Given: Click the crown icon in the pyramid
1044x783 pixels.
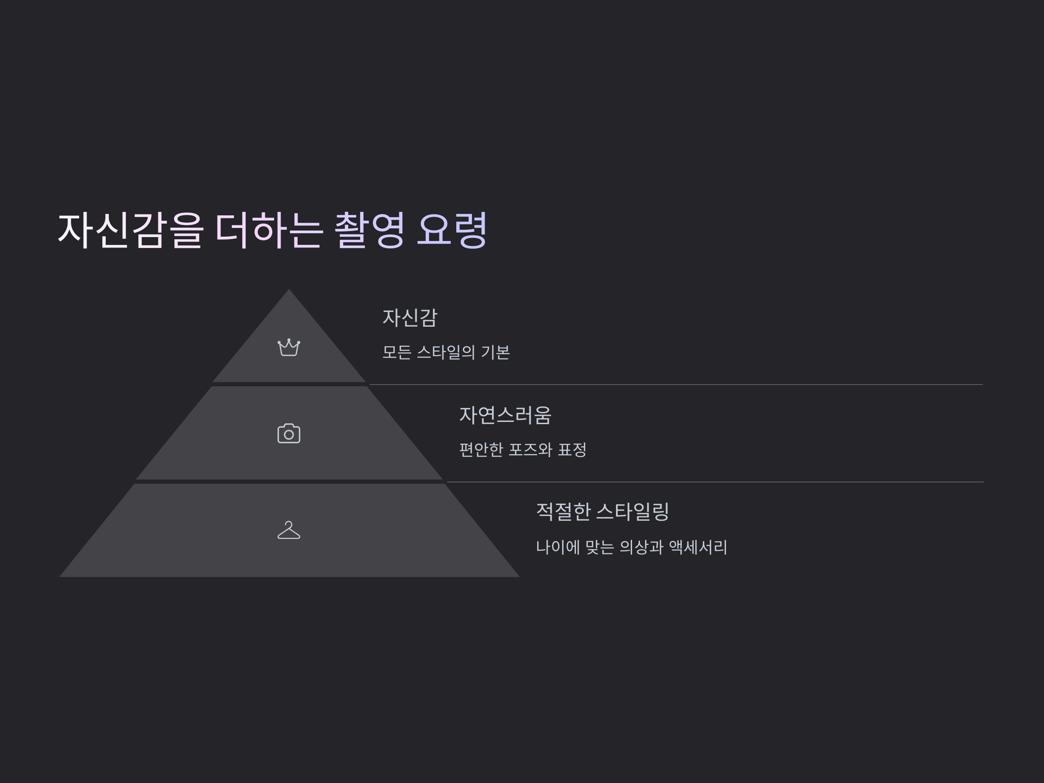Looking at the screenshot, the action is (288, 348).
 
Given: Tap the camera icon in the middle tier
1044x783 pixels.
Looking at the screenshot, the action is (288, 434).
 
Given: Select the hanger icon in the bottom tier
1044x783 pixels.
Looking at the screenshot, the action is (288, 530).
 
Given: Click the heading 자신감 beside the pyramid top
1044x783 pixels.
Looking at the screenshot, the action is (410, 318).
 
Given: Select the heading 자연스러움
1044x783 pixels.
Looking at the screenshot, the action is (505, 415).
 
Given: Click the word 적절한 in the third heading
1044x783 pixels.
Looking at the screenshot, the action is (563, 512).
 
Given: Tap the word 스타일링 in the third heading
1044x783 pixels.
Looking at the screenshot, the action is (632, 512).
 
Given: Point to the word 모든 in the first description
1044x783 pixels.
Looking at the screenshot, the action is (396, 352).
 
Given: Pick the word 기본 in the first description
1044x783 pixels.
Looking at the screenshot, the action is (495, 352).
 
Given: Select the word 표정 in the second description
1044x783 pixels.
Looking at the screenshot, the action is (572, 450).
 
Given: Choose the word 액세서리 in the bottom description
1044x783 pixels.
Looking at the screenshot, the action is (698, 548).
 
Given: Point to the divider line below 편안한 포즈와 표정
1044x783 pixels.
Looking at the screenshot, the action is (715, 482).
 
